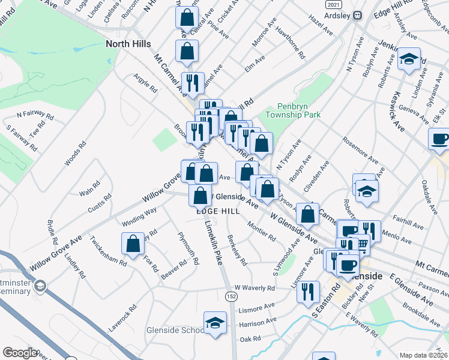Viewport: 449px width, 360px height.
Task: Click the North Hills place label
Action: [128, 43]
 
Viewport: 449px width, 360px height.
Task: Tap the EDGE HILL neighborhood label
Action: [218, 211]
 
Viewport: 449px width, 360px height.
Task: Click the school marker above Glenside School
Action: [215, 323]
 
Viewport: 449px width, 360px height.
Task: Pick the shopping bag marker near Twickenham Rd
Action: [133, 244]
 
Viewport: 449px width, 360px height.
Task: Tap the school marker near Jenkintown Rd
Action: [409, 59]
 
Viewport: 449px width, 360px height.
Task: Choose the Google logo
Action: [20, 353]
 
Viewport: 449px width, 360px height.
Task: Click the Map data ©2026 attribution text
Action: [424, 355]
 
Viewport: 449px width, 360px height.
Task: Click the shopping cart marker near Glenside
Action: [360, 244]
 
